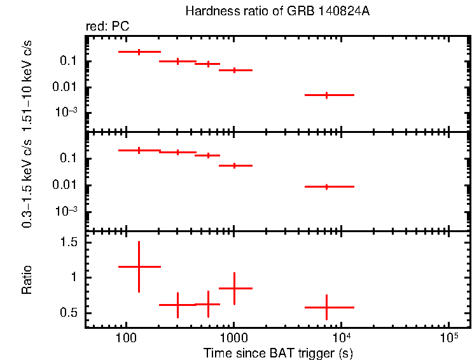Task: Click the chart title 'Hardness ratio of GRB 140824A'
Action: [x=276, y=11]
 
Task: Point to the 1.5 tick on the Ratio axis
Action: [x=69, y=242]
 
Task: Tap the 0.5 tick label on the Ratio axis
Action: [x=69, y=313]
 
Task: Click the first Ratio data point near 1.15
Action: [x=139, y=267]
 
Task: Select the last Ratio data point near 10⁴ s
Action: [x=326, y=307]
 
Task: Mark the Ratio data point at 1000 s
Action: [x=235, y=288]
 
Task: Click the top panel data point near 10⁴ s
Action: [x=326, y=95]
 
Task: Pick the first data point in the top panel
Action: [x=139, y=52]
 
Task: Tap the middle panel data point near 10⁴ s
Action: [x=326, y=186]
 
